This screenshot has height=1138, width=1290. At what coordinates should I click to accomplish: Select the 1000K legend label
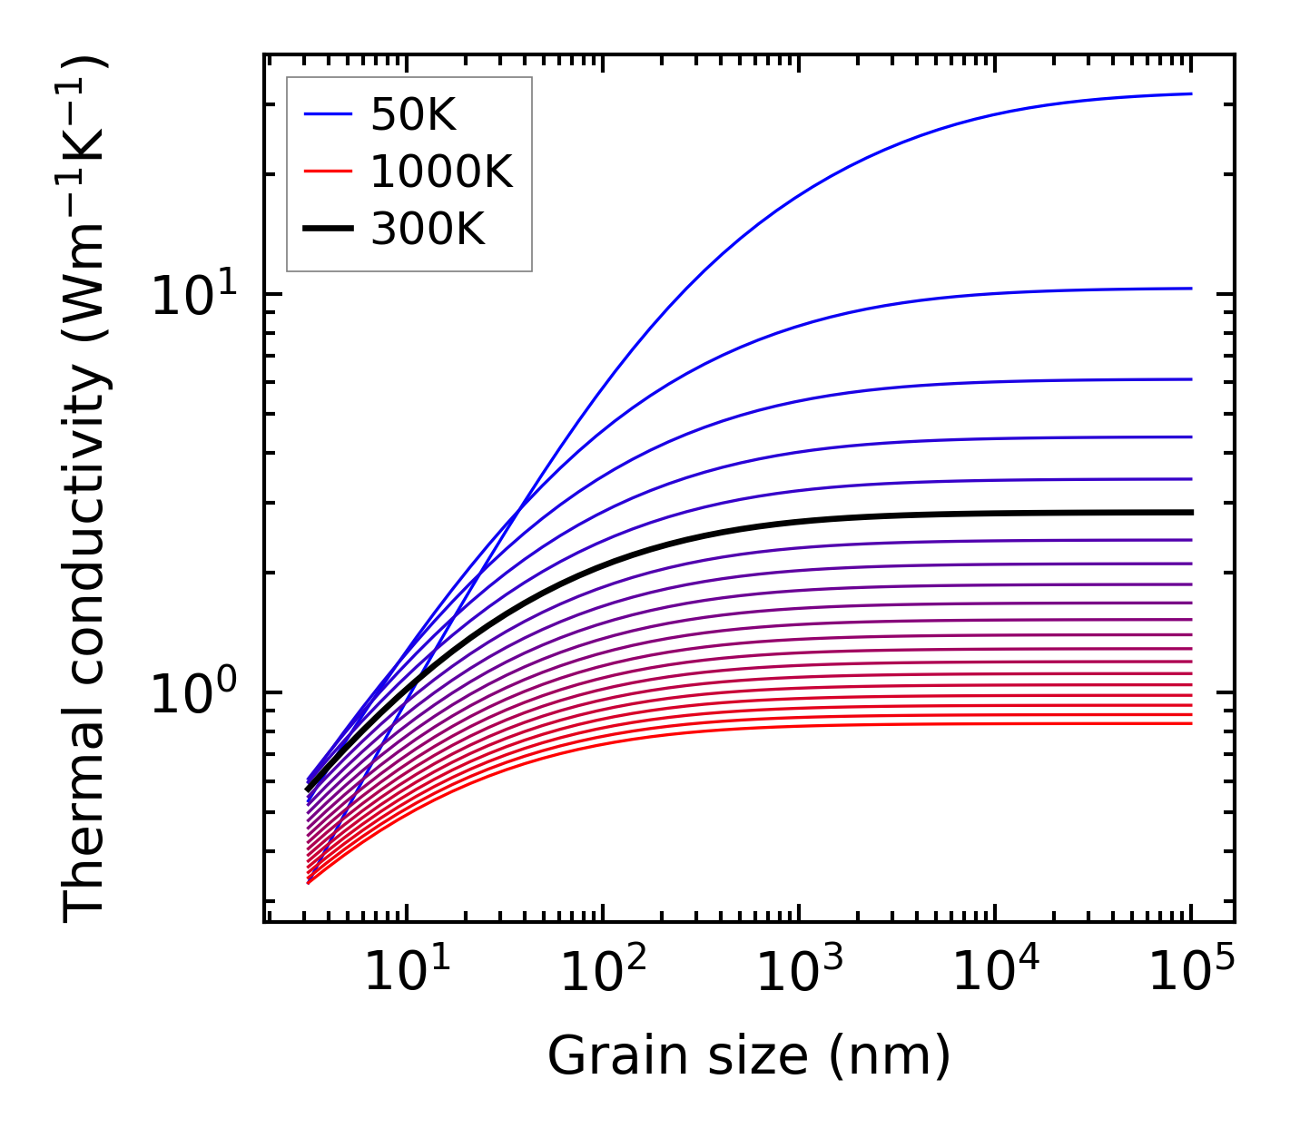point(441,172)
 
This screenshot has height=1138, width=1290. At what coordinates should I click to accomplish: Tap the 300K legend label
point(428,230)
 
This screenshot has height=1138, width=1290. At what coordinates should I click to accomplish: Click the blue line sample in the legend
point(327,114)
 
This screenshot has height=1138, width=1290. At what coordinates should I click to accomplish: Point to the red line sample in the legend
point(327,172)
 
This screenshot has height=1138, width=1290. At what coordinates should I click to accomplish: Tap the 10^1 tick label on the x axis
point(406,973)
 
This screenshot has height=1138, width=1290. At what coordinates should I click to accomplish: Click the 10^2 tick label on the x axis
point(602,973)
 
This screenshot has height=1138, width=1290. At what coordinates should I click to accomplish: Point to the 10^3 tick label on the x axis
point(798,973)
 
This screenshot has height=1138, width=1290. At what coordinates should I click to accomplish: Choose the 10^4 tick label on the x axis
point(995,973)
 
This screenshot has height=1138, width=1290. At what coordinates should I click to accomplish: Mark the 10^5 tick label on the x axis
point(1191,973)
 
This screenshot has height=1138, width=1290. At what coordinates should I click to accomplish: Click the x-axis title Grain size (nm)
point(749,1056)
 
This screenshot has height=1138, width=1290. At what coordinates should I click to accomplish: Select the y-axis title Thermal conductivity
point(86,490)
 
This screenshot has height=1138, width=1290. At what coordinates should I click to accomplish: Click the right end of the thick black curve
point(1190,513)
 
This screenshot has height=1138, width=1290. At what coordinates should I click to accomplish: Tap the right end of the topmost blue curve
point(1190,93)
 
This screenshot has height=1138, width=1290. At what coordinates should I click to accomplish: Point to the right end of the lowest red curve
point(1190,723)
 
